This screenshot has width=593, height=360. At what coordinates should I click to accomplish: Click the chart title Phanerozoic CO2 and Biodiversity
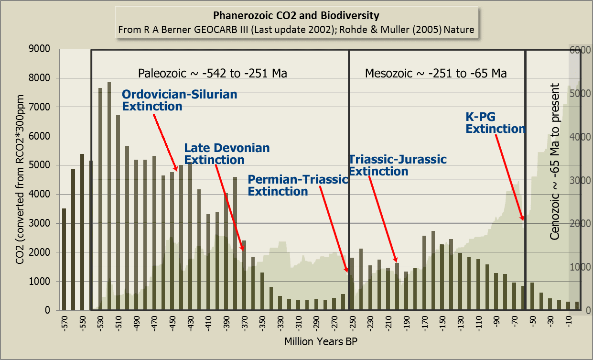pyautogui.click(x=296, y=15)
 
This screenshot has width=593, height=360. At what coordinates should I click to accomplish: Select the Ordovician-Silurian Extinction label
pyautogui.click(x=179, y=100)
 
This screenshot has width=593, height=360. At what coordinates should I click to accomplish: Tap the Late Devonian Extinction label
pyautogui.click(x=227, y=154)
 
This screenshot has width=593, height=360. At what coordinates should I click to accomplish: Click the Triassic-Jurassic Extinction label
pyautogui.click(x=398, y=165)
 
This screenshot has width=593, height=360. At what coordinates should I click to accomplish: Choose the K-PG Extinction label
pyautogui.click(x=496, y=122)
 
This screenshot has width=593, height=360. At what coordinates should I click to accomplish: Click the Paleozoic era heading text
pyautogui.click(x=212, y=73)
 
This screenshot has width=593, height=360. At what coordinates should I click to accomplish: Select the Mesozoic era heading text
pyautogui.click(x=436, y=73)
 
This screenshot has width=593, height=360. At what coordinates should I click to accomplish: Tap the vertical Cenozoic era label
pyautogui.click(x=555, y=161)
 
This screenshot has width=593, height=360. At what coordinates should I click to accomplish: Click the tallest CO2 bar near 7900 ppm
pyautogui.click(x=109, y=196)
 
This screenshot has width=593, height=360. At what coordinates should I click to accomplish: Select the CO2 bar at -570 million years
pyautogui.click(x=64, y=259)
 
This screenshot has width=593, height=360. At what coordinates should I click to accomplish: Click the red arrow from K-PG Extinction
pyautogui.click(x=509, y=177)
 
